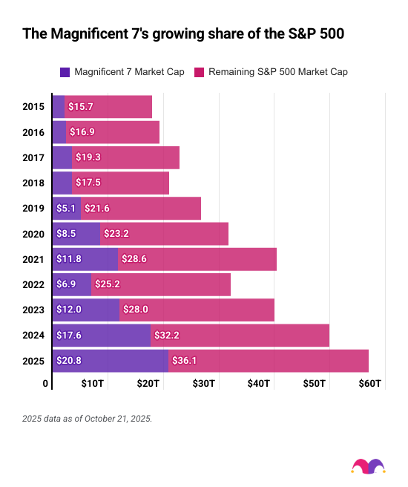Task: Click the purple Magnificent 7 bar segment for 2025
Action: tap(110, 361)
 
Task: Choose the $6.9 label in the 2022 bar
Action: tap(68, 284)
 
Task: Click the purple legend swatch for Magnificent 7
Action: tap(65, 72)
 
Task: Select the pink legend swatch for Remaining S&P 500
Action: tap(198, 72)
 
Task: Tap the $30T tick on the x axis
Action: tap(203, 384)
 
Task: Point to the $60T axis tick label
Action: tap(369, 384)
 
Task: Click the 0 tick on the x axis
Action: tap(46, 384)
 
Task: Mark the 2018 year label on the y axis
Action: tap(33, 183)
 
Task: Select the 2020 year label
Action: tap(33, 233)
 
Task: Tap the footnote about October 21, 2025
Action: tap(87, 419)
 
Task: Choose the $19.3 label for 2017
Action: tap(88, 157)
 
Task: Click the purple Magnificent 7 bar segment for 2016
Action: tap(59, 132)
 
